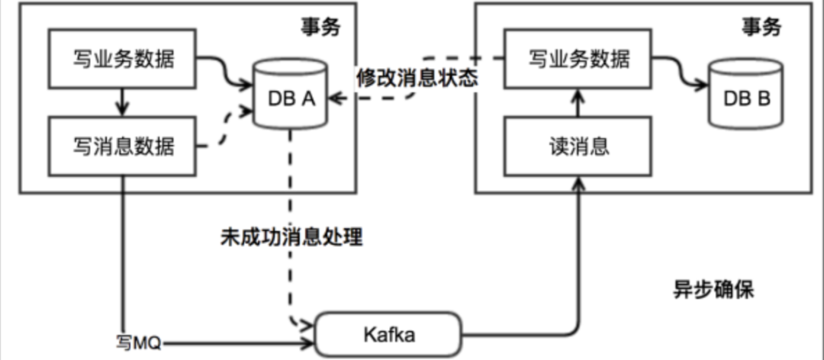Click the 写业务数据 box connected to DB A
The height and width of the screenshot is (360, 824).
[122, 58]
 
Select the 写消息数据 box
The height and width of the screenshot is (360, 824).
[122, 146]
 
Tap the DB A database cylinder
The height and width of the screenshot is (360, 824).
[290, 94]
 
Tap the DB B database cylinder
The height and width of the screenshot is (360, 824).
[745, 94]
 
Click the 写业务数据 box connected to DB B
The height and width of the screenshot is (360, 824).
[578, 58]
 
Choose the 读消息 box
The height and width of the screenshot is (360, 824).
[578, 146]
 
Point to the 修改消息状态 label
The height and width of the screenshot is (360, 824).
[417, 79]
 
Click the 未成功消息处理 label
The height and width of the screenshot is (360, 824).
[292, 237]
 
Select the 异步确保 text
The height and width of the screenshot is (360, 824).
[714, 290]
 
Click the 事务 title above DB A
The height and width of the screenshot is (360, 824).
[320, 27]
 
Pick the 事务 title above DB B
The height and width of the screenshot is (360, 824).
[761, 27]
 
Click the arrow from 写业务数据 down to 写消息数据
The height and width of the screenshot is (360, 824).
[122, 102]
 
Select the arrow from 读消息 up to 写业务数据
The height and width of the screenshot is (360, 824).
[578, 102]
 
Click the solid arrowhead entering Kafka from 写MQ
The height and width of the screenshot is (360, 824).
[307, 345]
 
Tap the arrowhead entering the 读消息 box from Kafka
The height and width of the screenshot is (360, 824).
[578, 182]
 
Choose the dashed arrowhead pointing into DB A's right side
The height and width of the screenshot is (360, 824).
[334, 98]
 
